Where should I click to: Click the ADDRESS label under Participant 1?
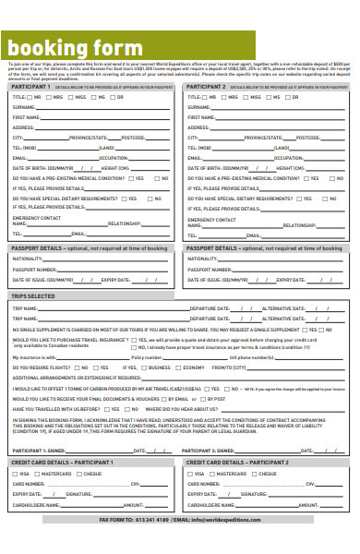(x=25, y=127)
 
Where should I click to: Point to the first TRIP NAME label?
(x=25, y=307)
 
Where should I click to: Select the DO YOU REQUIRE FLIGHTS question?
(x=46, y=367)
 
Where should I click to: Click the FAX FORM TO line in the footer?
(x=179, y=520)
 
